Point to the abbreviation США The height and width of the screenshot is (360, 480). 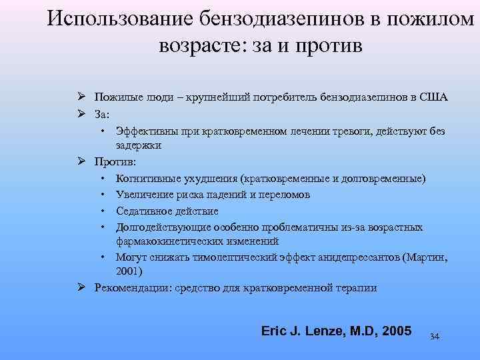point(433,97)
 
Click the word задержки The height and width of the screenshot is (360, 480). point(138,145)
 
